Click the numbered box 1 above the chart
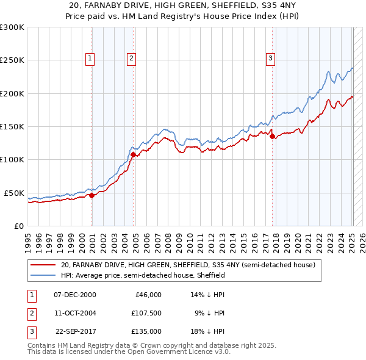[90, 59]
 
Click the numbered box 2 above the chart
[131, 59]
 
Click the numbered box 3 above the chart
[270, 59]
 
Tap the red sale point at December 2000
[91, 196]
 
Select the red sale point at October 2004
[133, 155]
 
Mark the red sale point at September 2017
[272, 137]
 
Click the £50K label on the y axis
[14, 193]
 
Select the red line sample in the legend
[43, 265]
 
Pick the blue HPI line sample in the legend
[43, 275]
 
